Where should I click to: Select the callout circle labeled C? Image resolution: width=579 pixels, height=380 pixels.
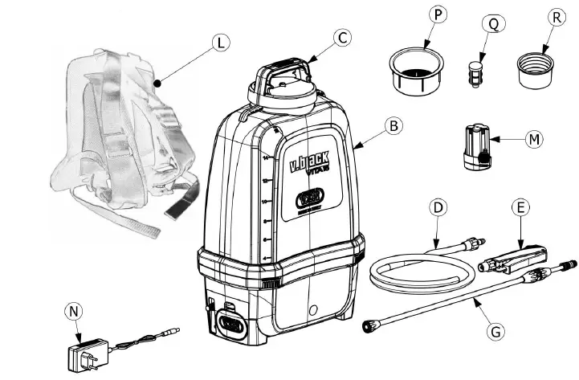(344, 38)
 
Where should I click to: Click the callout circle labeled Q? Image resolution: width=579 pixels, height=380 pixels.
(492, 25)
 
